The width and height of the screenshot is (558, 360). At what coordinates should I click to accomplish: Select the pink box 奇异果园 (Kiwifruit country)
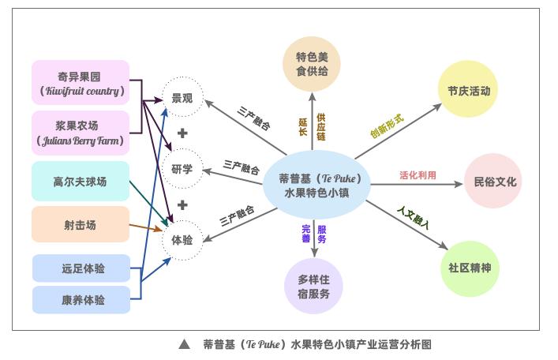click(x=81, y=83)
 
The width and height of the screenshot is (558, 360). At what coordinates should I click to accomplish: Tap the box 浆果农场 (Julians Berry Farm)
click(x=81, y=133)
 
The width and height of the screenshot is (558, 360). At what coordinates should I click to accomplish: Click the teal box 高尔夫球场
click(x=80, y=182)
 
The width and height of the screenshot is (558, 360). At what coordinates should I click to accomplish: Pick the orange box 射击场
click(x=80, y=225)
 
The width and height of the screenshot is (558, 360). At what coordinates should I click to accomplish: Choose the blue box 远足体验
click(x=81, y=268)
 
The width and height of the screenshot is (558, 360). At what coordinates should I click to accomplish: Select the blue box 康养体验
click(x=81, y=300)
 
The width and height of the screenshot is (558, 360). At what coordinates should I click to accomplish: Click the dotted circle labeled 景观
click(x=182, y=99)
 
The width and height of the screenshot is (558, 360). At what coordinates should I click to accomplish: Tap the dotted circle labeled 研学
click(x=182, y=168)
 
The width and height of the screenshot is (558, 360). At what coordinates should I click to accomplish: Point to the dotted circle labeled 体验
click(x=182, y=238)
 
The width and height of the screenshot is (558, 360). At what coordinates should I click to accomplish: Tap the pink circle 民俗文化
click(x=494, y=182)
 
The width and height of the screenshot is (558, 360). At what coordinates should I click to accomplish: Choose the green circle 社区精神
click(x=469, y=268)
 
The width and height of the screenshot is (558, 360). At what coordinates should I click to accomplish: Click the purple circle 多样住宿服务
click(x=314, y=287)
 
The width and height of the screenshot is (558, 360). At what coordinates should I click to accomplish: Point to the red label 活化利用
click(x=418, y=175)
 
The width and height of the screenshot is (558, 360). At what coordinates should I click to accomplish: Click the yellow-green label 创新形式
click(x=387, y=126)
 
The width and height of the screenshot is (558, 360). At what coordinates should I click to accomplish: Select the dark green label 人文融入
click(x=413, y=218)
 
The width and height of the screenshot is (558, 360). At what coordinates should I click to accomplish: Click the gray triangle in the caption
click(x=184, y=344)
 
